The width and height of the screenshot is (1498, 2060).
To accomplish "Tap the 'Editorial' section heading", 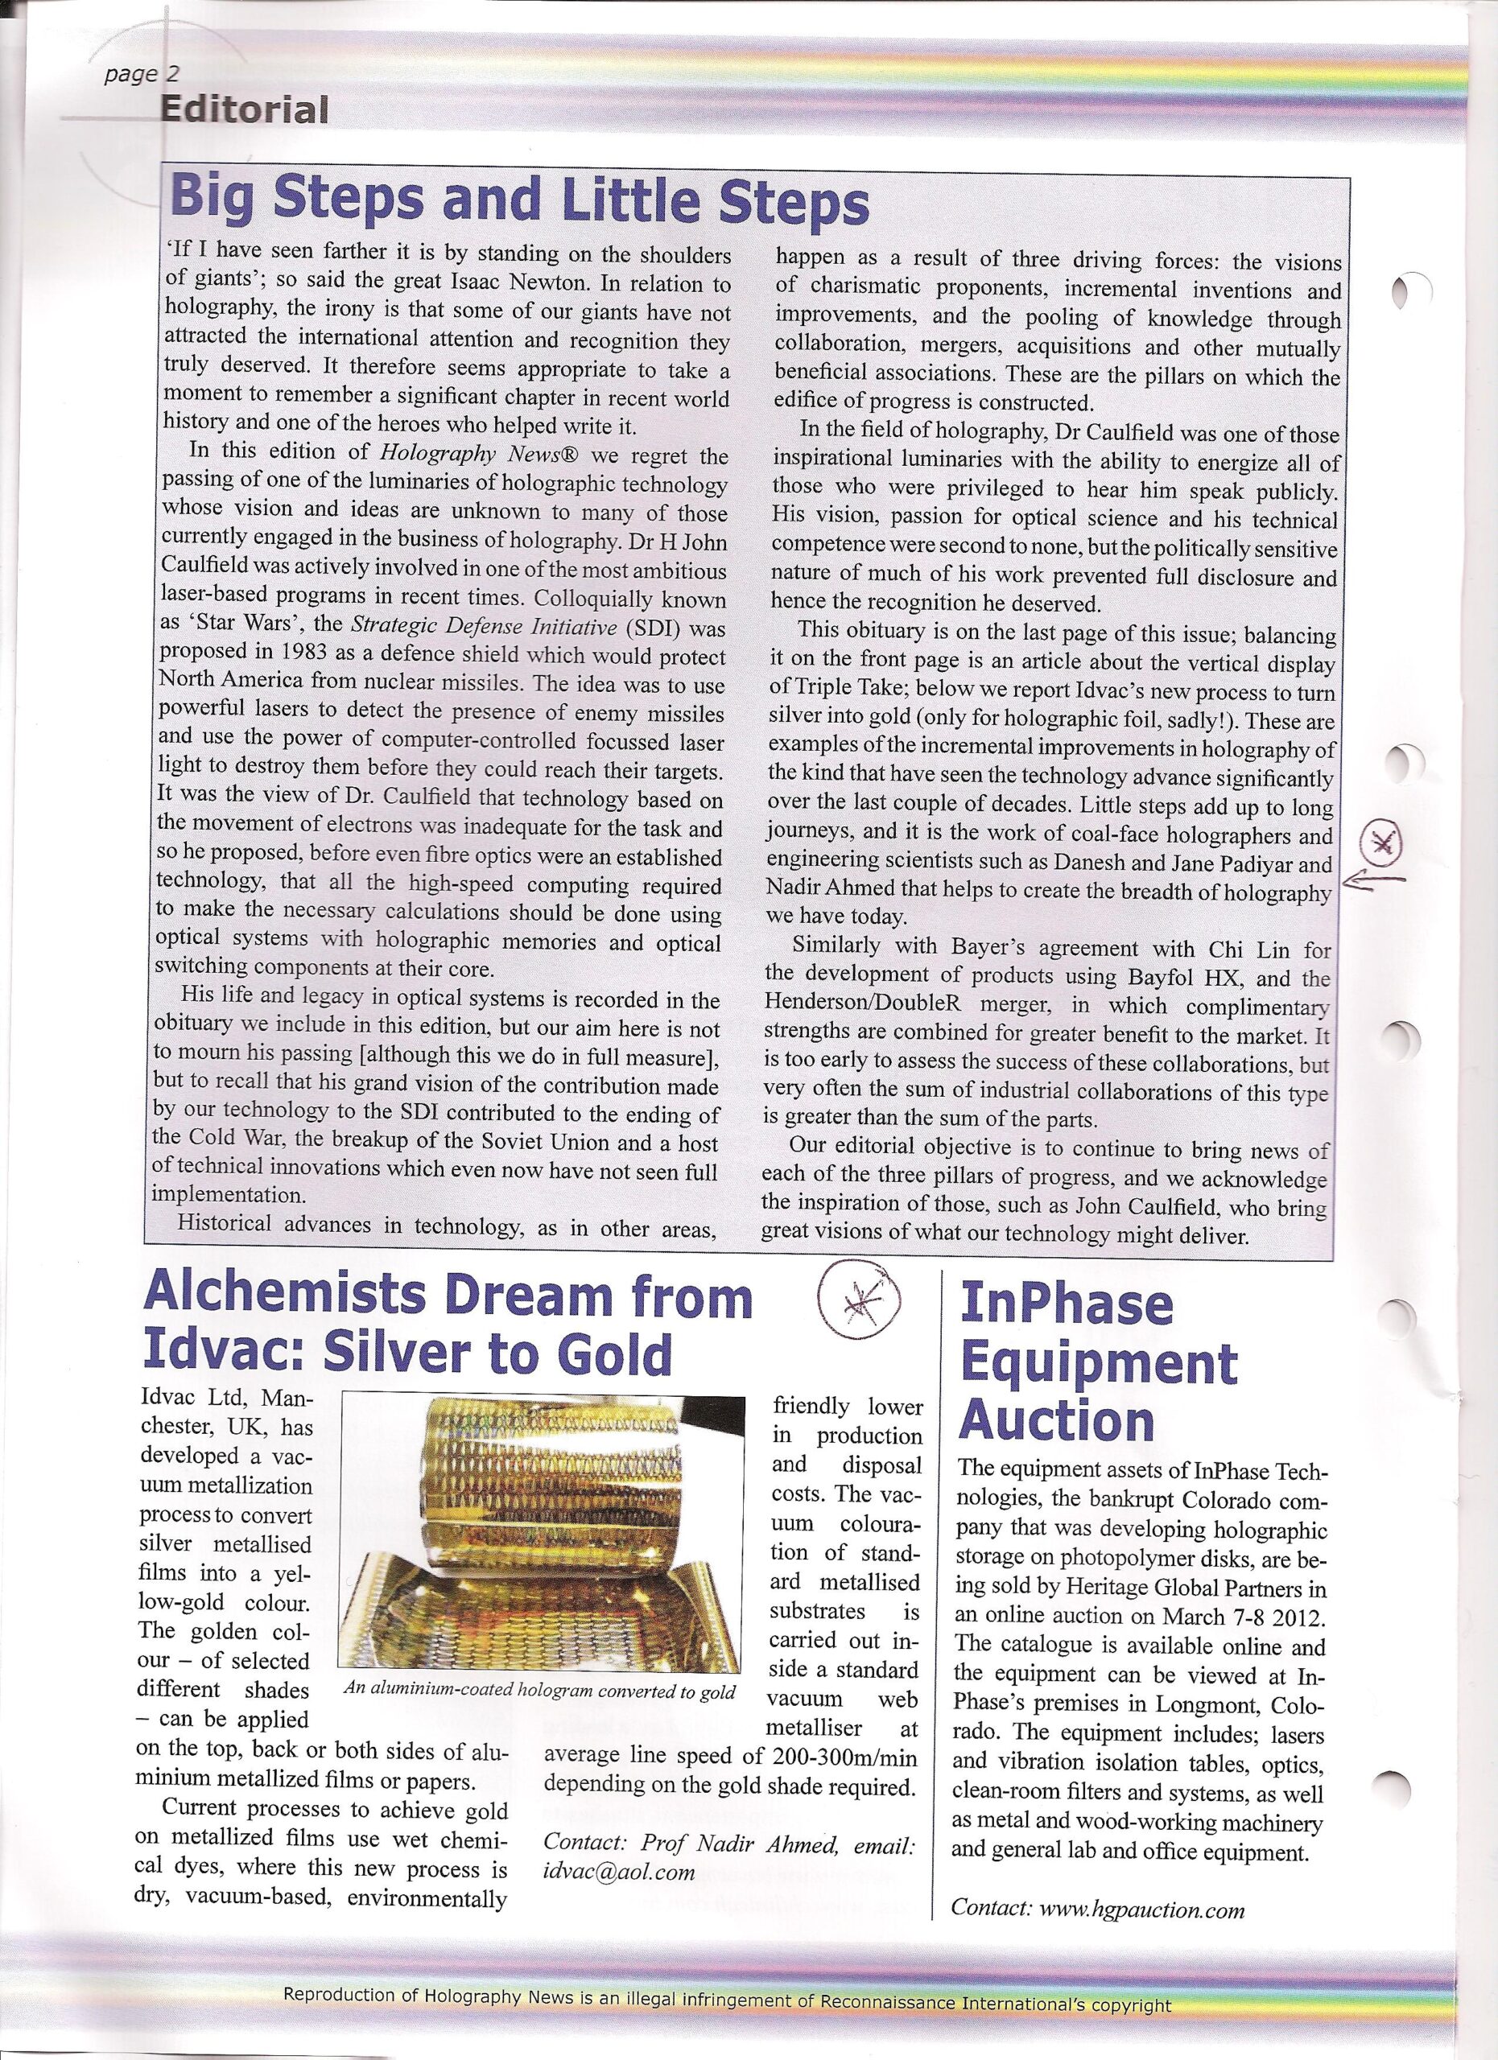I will (x=243, y=110).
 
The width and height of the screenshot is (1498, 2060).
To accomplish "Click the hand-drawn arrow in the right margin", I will (x=1371, y=880).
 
